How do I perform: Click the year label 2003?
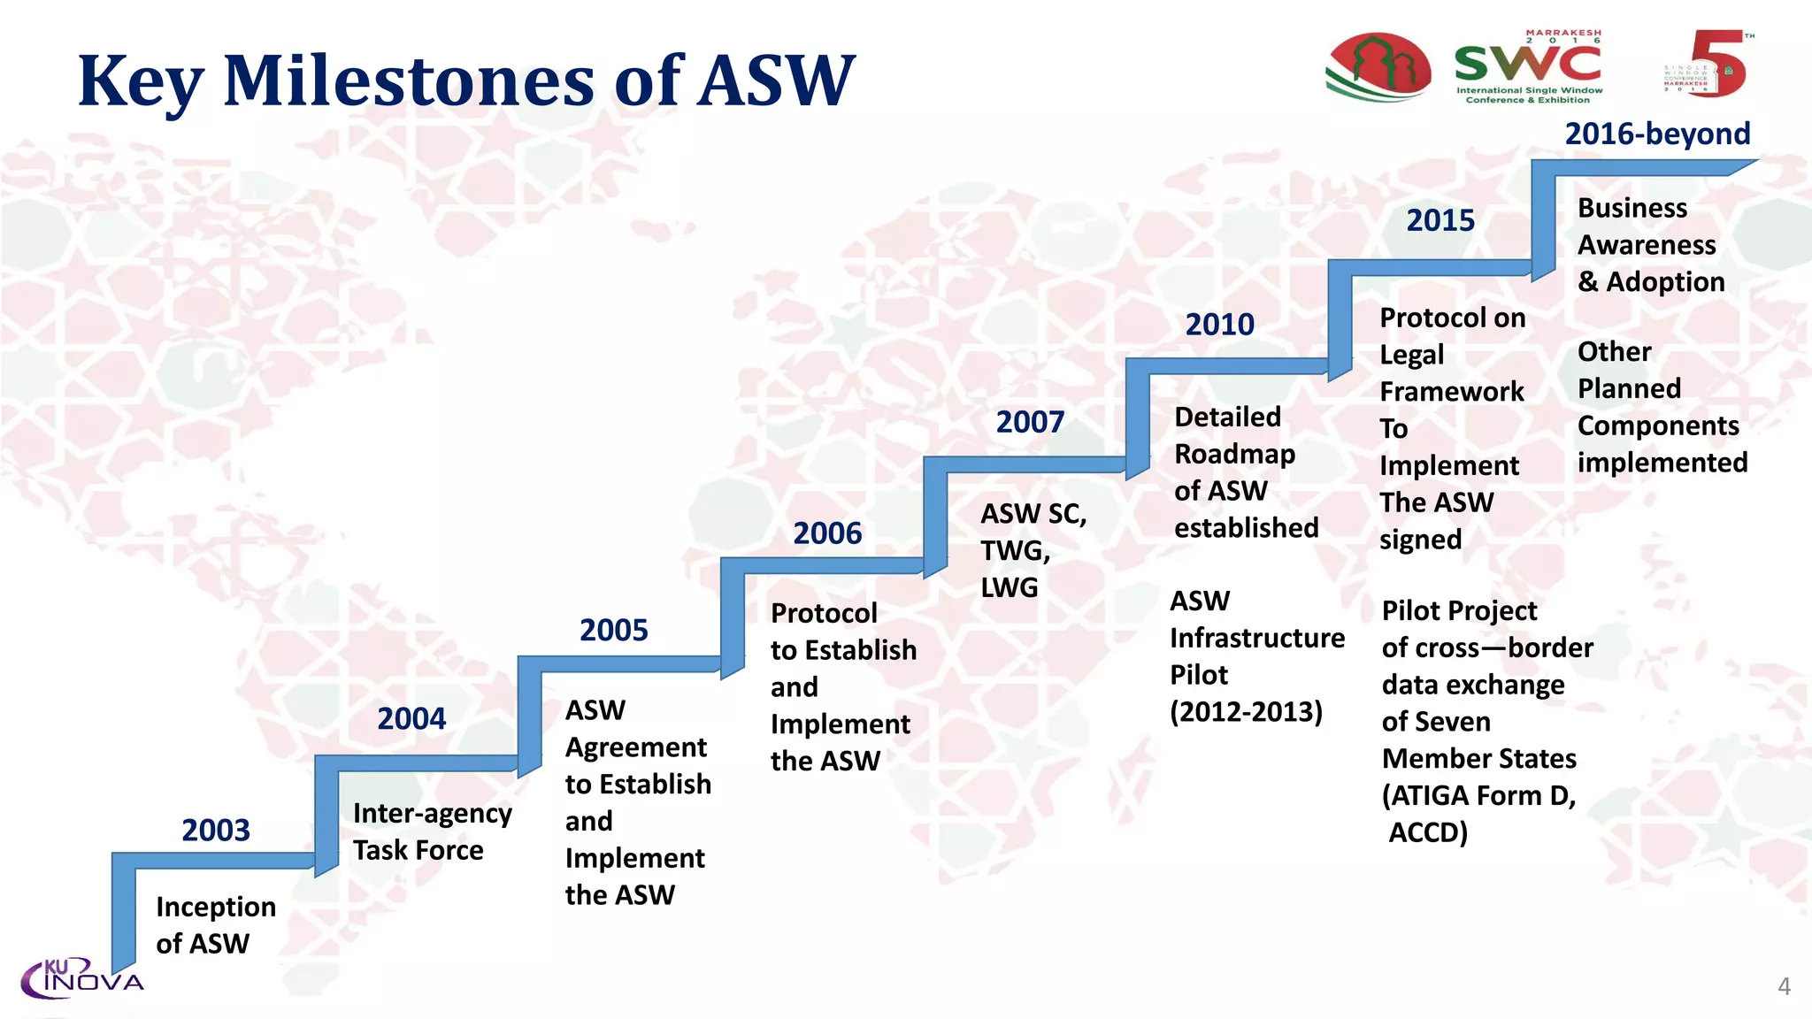pos(216,830)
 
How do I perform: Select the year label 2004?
pos(411,718)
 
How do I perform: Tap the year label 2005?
pos(613,630)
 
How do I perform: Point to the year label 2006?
pos(827,533)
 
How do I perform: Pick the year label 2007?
pos(1030,422)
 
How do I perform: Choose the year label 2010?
pos(1219,325)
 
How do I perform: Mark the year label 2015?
pos(1440,220)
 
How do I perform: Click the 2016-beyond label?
pos(1657,134)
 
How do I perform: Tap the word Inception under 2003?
pos(216,907)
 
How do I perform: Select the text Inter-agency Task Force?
pos(432,831)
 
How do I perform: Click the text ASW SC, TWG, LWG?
pos(1032,550)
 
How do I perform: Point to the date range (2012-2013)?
pos(1246,711)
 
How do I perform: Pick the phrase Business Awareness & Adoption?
pos(1650,245)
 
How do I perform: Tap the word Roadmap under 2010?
pos(1234,454)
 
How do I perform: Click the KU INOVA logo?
pos(81,978)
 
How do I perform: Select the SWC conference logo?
pos(1528,67)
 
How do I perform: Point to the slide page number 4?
pos(1784,986)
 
